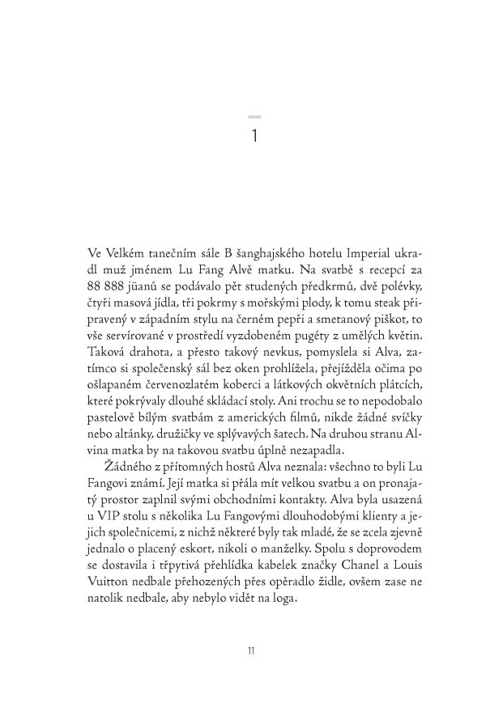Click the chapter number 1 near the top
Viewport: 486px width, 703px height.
coord(254,135)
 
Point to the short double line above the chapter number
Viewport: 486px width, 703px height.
coord(254,118)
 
